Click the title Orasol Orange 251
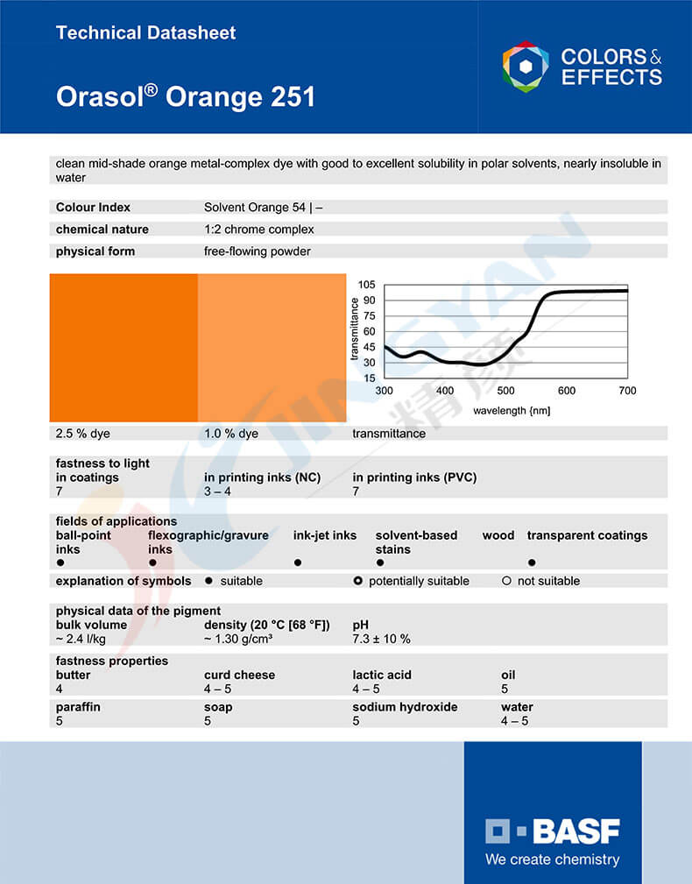pos(186,95)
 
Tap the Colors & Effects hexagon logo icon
pos(526,67)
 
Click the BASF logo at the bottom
pos(553,831)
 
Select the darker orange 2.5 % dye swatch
pos(124,348)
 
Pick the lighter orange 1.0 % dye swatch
pos(272,348)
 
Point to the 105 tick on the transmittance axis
pos(366,285)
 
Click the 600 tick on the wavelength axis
pos(567,391)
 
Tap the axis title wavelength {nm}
pos(512,410)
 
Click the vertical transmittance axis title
pos(355,329)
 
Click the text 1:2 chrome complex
pos(259,230)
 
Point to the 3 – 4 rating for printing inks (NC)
pos(219,492)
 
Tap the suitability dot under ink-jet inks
pos(298,562)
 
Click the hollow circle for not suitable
pos(506,581)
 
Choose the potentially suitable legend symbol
pos(357,581)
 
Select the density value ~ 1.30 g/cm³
pos(238,640)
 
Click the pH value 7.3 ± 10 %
pos(381,640)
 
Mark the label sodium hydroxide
pos(405,707)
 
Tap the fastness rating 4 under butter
pos(60,690)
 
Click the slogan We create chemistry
pos(553,859)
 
